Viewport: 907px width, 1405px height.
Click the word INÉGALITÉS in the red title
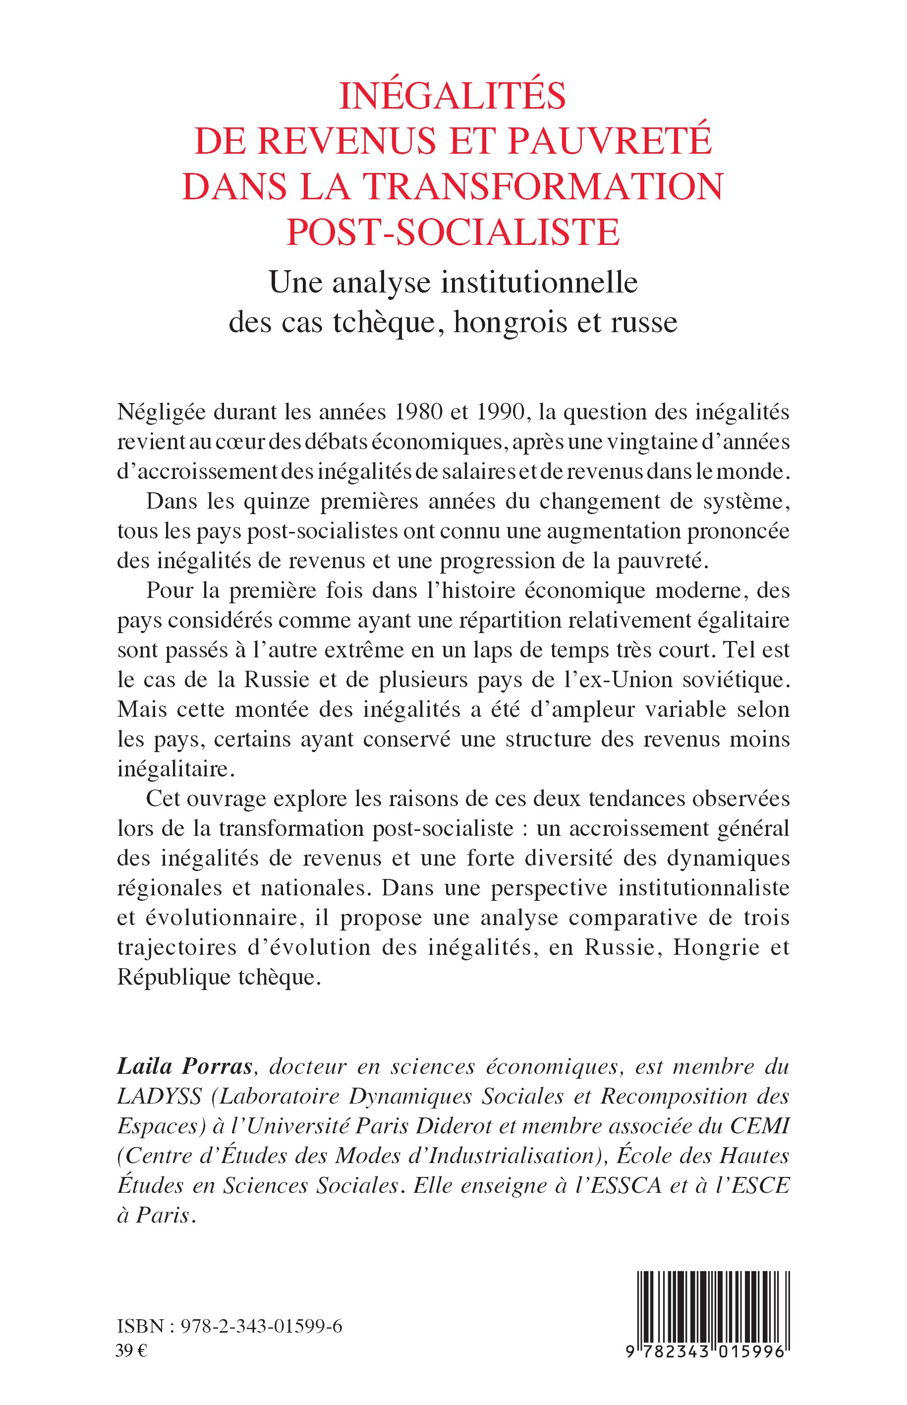point(453,97)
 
